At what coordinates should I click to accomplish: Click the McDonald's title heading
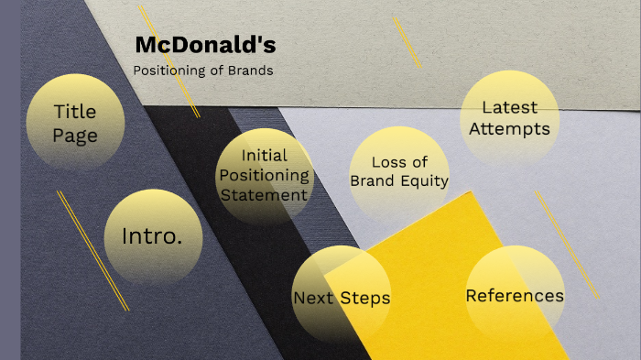[x=205, y=45]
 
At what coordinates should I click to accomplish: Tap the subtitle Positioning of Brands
[x=202, y=71]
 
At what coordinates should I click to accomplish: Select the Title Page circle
[x=75, y=123]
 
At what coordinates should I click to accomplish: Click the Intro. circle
[x=152, y=236]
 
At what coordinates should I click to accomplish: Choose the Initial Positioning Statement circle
[x=265, y=175]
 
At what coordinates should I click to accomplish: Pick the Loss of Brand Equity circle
[x=399, y=171]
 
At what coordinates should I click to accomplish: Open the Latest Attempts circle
[x=510, y=118]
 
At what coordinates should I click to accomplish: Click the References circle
[x=515, y=295]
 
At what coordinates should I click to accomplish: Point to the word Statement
[x=265, y=194]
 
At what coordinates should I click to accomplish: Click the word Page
[x=75, y=136]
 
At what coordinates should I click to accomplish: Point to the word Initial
[x=265, y=156]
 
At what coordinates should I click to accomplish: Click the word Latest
[x=510, y=107]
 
